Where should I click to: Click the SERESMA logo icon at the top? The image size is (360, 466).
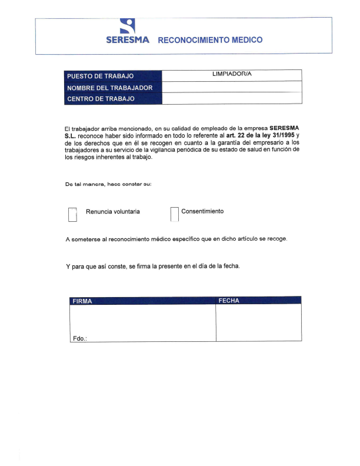pyautogui.click(x=128, y=25)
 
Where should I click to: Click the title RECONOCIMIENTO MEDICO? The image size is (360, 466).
pyautogui.click(x=210, y=41)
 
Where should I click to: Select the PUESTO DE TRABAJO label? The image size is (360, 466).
pyautogui.click(x=101, y=76)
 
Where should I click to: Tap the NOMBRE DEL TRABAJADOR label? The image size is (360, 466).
pyautogui.click(x=110, y=88)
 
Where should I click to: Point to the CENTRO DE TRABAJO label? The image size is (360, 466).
pyautogui.click(x=101, y=99)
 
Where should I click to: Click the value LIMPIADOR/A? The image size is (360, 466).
pyautogui.click(x=231, y=74)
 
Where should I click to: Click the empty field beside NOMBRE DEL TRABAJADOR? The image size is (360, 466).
pyautogui.click(x=231, y=87)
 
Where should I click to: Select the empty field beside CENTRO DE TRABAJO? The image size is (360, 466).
pyautogui.click(x=231, y=98)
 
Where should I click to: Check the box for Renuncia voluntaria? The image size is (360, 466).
pyautogui.click(x=72, y=215)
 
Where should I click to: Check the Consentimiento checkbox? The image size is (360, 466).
pyautogui.click(x=174, y=215)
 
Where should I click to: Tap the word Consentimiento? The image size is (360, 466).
pyautogui.click(x=202, y=211)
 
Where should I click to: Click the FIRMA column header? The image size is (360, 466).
pyautogui.click(x=82, y=301)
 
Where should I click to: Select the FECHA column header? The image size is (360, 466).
pyautogui.click(x=229, y=301)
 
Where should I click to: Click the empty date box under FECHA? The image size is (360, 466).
pyautogui.click(x=258, y=322)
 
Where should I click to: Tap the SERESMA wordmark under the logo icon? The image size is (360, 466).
pyautogui.click(x=128, y=41)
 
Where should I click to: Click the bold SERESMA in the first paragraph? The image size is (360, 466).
pyautogui.click(x=284, y=127)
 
